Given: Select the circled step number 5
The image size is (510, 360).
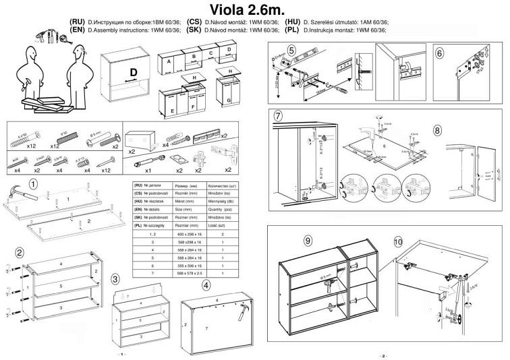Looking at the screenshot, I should click(291, 50).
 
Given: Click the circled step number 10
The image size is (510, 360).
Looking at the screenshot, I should click(398, 240).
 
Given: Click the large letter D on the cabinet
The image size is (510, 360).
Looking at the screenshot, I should click(133, 72).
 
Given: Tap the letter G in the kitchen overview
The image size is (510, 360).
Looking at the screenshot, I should click(229, 100).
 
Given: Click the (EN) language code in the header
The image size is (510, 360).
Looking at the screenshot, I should click(76, 30).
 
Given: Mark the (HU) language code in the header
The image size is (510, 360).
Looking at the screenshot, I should click(293, 22).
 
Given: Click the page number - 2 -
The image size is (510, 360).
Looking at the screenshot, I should click(382, 355).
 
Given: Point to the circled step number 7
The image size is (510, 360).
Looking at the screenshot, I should click(278, 115).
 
